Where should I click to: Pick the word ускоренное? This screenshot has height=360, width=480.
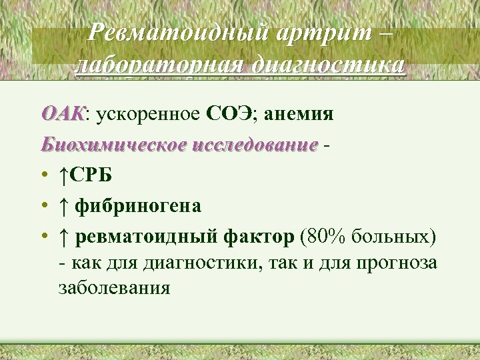coord(148,115)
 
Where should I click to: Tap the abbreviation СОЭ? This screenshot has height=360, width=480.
coord(231,115)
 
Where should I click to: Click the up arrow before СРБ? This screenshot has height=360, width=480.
coord(63,175)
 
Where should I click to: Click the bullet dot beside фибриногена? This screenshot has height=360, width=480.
coord(43,207)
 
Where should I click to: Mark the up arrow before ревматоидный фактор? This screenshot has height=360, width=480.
coord(63,237)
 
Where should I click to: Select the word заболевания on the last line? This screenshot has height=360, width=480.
coord(114,289)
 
